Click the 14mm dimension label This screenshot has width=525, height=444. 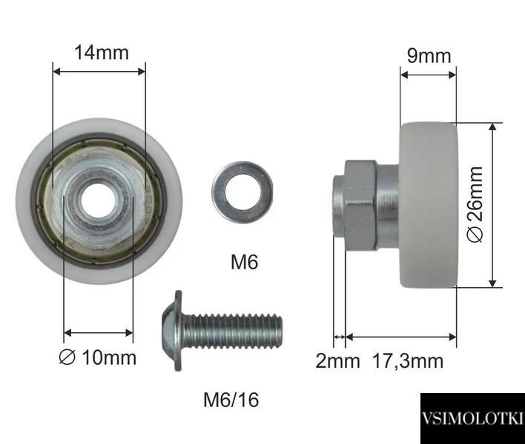pos(102,53)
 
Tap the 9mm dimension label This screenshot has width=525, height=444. pos(429,55)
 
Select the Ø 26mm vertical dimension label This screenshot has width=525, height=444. pos(475,204)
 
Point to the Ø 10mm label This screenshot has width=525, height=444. pos(98,358)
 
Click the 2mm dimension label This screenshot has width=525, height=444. pos(337,361)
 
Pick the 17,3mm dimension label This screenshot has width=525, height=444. pos(408,361)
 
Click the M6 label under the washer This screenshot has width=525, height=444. pos(245,262)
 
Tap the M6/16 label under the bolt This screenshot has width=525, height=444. pos(231,400)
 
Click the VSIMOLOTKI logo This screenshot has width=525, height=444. pos(472,418)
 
